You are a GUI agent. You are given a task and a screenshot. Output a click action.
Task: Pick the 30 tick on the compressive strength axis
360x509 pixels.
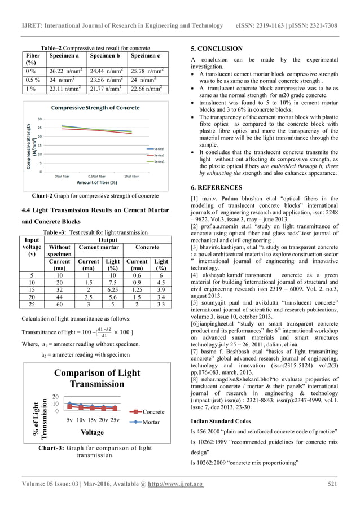[x=39, y=119]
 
